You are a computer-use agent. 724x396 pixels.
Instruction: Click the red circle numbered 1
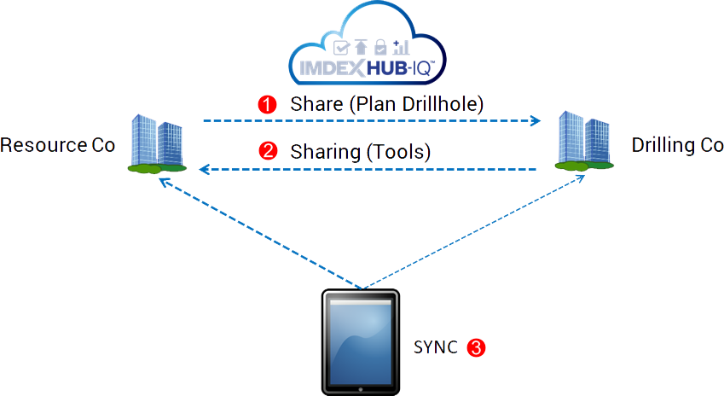268,105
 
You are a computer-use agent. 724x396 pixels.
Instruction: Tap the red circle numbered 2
268,152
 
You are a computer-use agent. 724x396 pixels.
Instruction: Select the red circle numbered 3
478,347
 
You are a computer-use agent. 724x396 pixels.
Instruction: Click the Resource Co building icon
158,144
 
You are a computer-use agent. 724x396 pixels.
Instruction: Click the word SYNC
436,347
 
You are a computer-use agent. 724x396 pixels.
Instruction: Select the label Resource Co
58,144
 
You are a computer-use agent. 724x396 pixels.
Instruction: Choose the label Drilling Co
677,144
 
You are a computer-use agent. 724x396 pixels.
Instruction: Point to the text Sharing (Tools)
361,152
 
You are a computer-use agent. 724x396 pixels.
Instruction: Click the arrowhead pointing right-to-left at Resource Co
203,170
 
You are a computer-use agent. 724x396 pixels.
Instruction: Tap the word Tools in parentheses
398,152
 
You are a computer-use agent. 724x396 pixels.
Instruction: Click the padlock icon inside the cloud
380,46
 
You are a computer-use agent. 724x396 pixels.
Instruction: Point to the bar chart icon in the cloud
401,46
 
